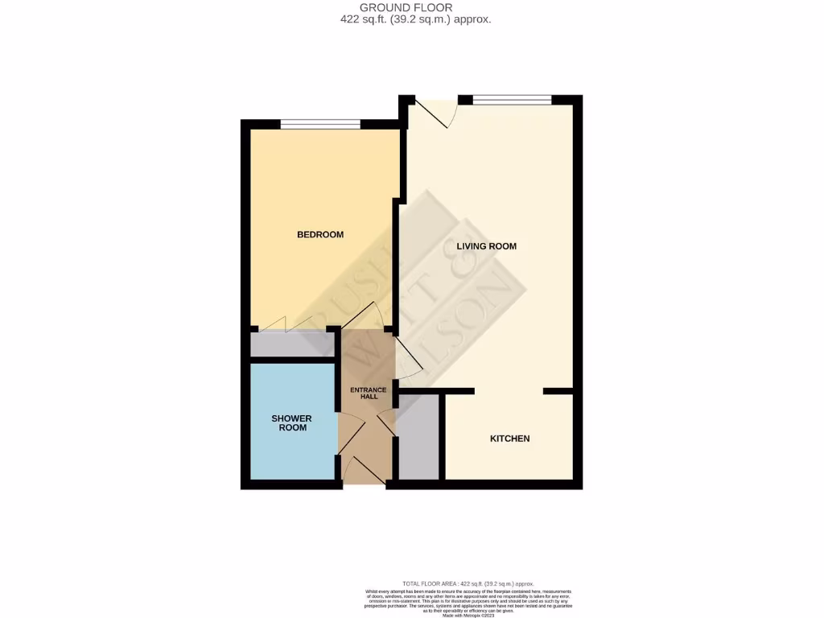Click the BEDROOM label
(x=320, y=235)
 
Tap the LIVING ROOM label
(x=486, y=246)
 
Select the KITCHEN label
(x=510, y=439)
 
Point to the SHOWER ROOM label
(x=291, y=423)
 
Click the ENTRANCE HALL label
(x=368, y=393)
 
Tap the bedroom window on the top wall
(x=320, y=124)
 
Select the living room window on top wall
(x=512, y=100)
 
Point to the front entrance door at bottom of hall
(x=355, y=471)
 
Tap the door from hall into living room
(x=407, y=357)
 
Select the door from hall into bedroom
(x=362, y=316)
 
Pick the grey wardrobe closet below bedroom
(x=290, y=345)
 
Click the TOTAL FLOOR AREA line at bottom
(x=467, y=583)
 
